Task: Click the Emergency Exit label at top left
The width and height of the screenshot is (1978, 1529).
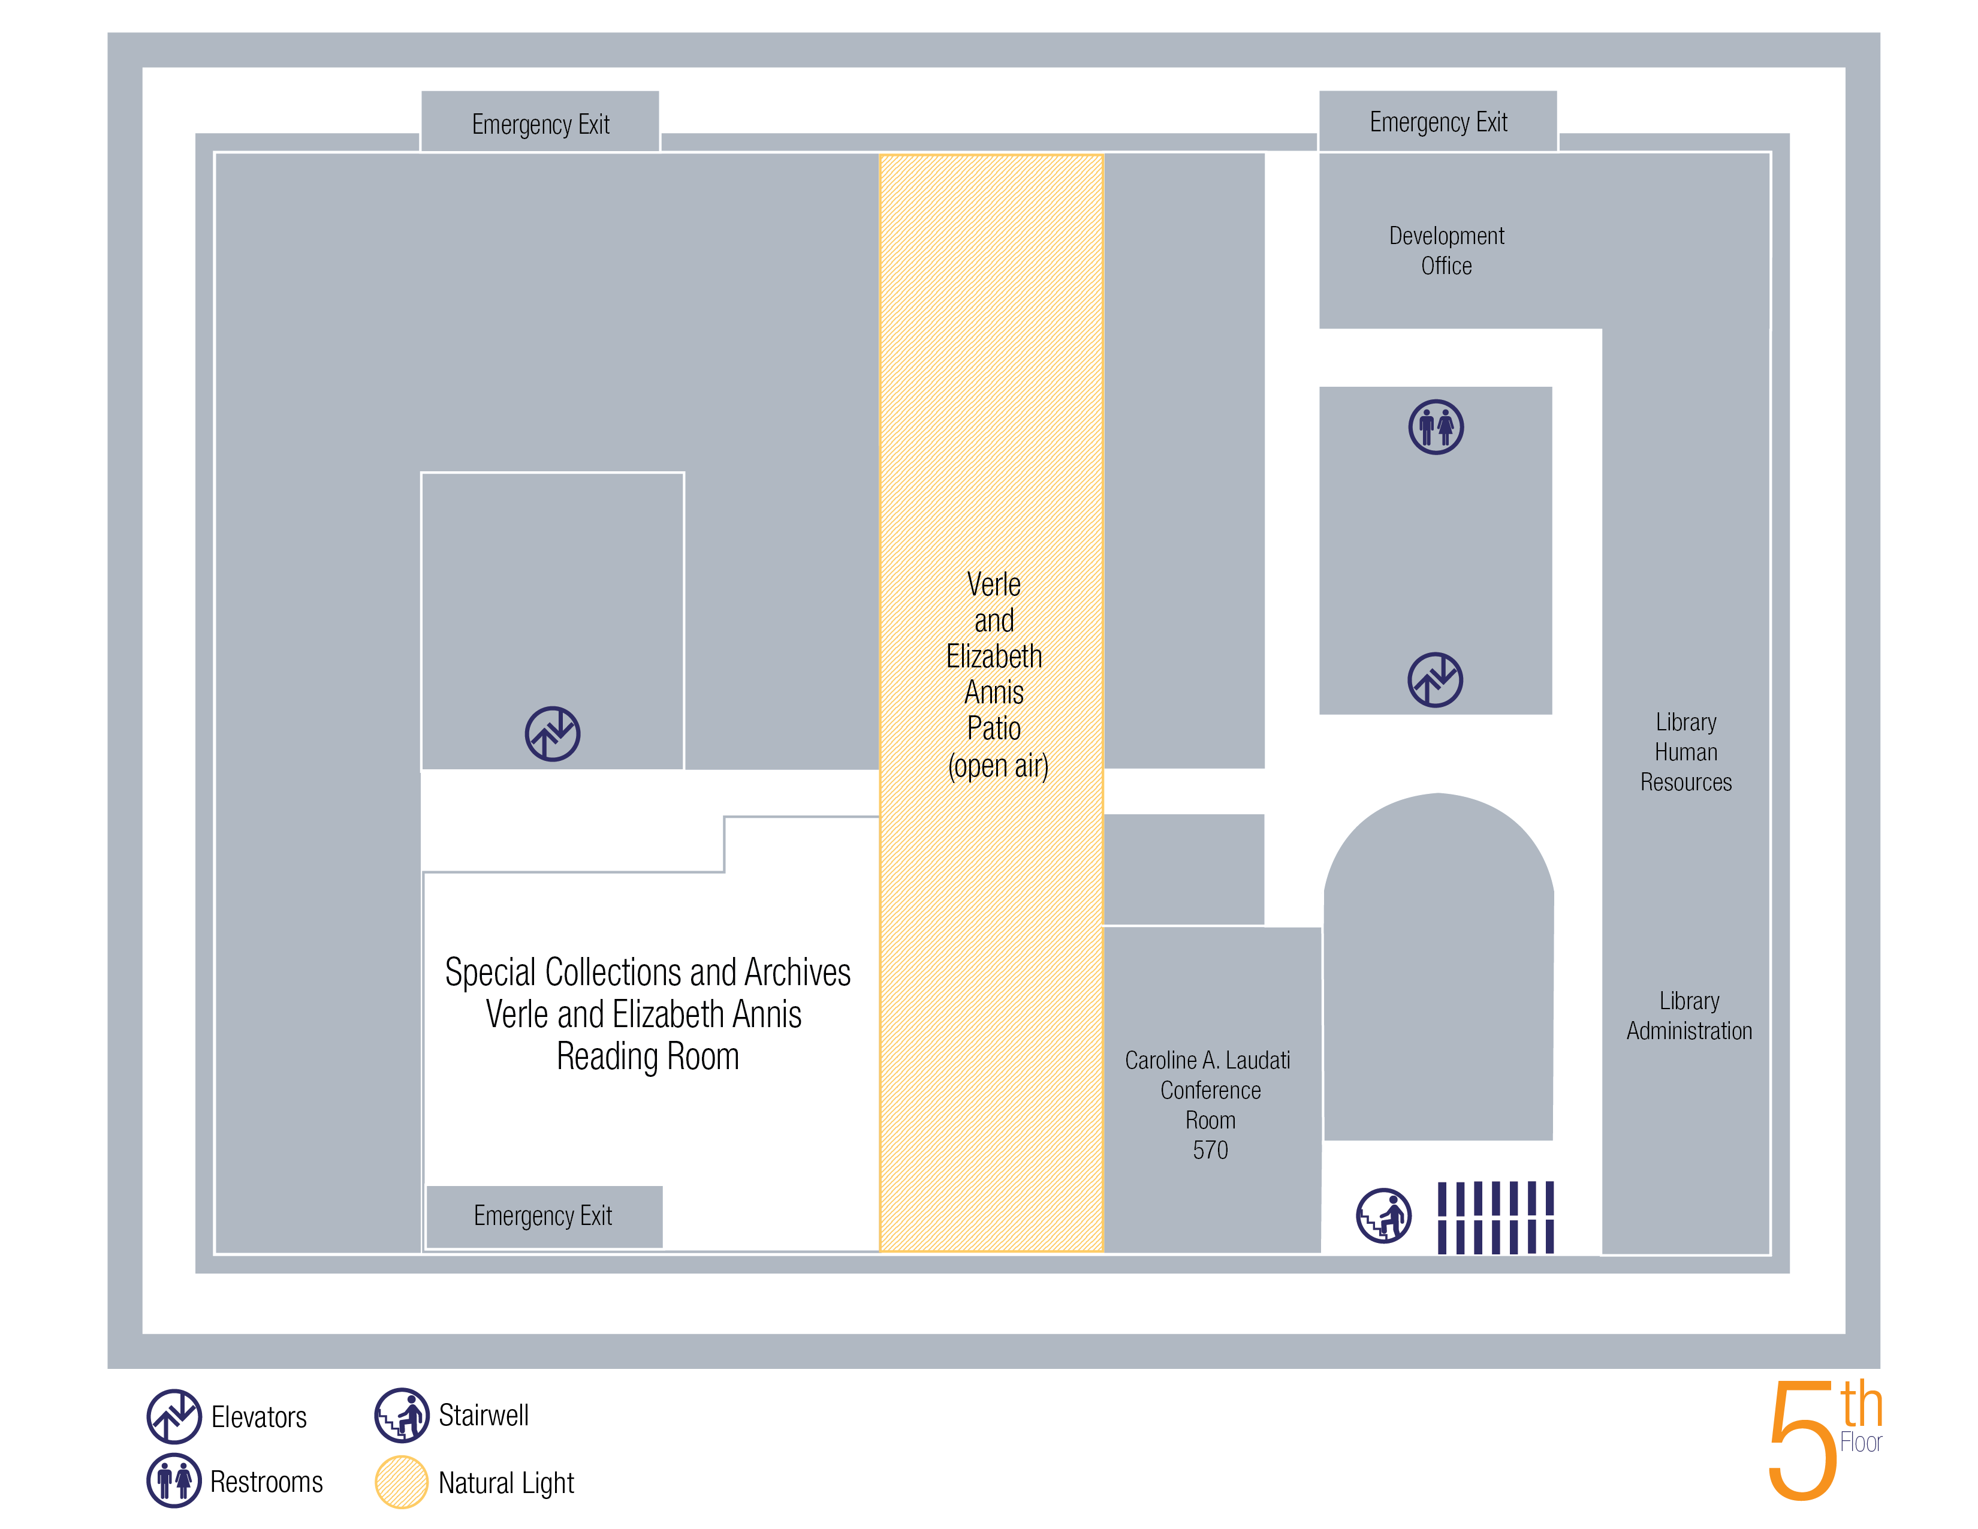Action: point(541,124)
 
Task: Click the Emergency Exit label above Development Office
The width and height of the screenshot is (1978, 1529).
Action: point(1438,122)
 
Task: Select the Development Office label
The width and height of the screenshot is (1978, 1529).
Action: point(1446,251)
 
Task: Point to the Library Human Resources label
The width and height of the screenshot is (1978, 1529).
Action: point(1685,752)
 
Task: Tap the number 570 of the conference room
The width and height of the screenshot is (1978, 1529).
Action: point(1210,1151)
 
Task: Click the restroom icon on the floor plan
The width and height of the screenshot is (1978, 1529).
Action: point(1436,427)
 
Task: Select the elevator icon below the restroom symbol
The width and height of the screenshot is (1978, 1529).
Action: point(1436,679)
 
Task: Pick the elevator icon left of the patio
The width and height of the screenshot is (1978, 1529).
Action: point(553,734)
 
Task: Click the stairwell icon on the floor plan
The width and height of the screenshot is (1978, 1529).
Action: point(1384,1215)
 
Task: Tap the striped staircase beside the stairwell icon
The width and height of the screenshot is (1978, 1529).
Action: point(1495,1217)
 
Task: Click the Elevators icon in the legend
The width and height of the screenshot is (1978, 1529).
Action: point(174,1416)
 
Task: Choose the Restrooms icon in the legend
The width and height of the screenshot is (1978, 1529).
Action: point(174,1481)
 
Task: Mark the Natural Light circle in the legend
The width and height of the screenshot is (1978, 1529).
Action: point(401,1482)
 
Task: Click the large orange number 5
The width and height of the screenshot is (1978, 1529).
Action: point(1802,1440)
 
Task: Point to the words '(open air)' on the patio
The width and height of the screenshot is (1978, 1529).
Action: point(998,766)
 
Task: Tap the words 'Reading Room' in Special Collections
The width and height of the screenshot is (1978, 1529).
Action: point(647,1056)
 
